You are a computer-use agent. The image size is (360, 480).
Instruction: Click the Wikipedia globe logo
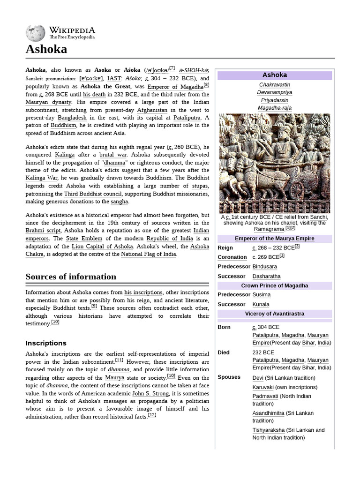pyautogui.click(x=36, y=33)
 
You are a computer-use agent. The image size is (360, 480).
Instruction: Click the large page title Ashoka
pyautogui.click(x=46, y=49)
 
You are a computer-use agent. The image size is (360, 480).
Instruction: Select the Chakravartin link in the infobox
pyautogui.click(x=275, y=85)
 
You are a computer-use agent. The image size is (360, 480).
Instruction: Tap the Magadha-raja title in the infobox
pyautogui.click(x=275, y=108)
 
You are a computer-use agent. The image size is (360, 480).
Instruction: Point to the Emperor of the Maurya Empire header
pyautogui.click(x=275, y=239)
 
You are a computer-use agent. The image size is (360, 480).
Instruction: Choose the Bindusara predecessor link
pyautogui.click(x=264, y=267)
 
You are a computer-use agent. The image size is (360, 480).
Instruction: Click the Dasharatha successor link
pyautogui.click(x=266, y=277)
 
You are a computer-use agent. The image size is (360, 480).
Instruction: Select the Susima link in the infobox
pyautogui.click(x=261, y=295)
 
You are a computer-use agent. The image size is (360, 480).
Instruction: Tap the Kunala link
pyautogui.click(x=261, y=305)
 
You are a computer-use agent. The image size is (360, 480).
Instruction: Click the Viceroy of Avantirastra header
pyautogui.click(x=275, y=314)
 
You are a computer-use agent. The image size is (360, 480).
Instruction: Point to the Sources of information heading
pyautogui.click(x=71, y=277)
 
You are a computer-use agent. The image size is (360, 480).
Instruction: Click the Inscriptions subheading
pyautogui.click(x=46, y=343)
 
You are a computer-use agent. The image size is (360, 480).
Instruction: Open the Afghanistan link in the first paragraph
pyautogui.click(x=152, y=110)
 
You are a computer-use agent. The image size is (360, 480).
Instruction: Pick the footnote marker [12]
pyautogui.click(x=152, y=415)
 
